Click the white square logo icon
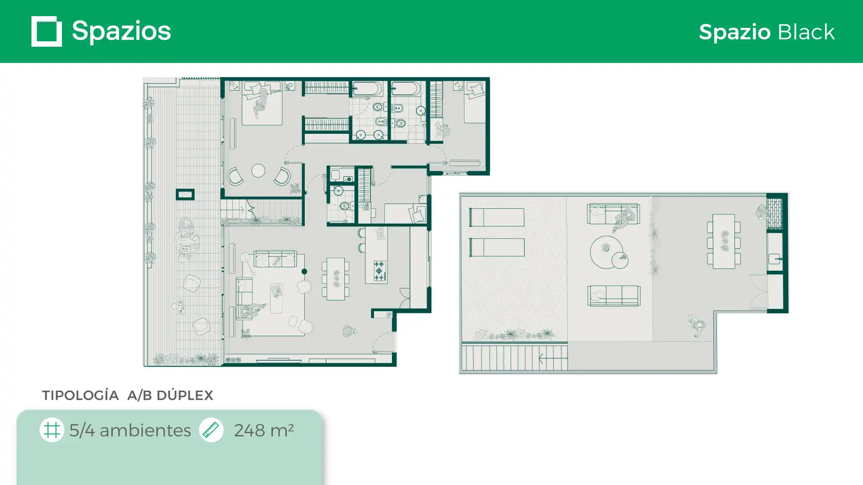(x=47, y=31)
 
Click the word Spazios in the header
(x=121, y=31)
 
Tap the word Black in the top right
(x=806, y=32)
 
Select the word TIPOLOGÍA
(x=80, y=395)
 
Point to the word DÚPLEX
(x=185, y=395)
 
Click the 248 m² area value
(x=264, y=430)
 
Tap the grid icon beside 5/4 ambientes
(x=52, y=430)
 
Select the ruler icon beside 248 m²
(x=211, y=430)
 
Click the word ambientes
(x=145, y=430)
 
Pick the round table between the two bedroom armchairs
(x=258, y=171)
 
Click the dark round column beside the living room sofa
(x=304, y=271)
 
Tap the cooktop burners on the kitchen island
(x=379, y=271)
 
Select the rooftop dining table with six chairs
(x=724, y=241)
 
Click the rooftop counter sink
(x=774, y=259)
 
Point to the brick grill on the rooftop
(x=774, y=213)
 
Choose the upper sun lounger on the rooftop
(x=497, y=217)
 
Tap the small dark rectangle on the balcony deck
(x=185, y=194)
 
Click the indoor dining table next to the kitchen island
(x=336, y=279)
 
